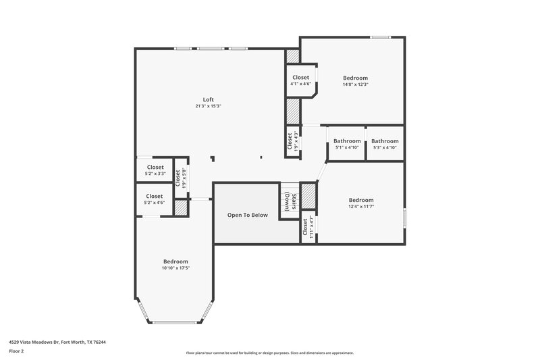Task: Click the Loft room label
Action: point(209,99)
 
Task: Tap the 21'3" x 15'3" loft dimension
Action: point(209,106)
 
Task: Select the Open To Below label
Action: point(247,215)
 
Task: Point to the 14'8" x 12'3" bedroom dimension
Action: point(355,84)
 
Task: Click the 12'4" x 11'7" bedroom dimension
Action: point(361,207)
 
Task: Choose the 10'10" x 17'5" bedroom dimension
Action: point(175,268)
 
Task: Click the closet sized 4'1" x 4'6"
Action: point(300,81)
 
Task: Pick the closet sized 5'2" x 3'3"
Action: point(155,170)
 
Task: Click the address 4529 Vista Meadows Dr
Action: point(57,342)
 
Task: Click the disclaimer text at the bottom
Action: point(270,353)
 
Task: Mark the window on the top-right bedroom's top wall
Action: point(381,36)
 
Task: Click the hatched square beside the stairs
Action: point(308,196)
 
